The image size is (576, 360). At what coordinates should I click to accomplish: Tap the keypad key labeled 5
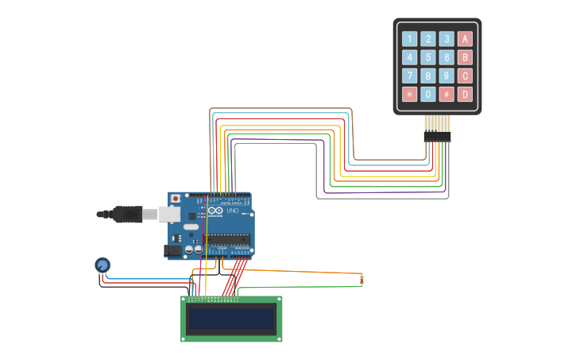pyautogui.click(x=428, y=57)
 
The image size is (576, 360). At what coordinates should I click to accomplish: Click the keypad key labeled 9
pyautogui.click(x=446, y=75)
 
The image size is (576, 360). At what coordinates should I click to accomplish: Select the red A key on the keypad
pyautogui.click(x=465, y=39)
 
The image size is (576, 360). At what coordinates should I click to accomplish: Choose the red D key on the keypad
pyautogui.click(x=465, y=94)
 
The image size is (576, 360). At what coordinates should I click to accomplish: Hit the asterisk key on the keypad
pyautogui.click(x=409, y=94)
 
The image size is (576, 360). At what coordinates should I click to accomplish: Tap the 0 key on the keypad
pyautogui.click(x=428, y=94)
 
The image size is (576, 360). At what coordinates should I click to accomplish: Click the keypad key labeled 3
pyautogui.click(x=446, y=39)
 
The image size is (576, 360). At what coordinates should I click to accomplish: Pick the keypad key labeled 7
pyautogui.click(x=409, y=75)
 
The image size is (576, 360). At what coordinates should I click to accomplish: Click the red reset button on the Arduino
pyautogui.click(x=176, y=198)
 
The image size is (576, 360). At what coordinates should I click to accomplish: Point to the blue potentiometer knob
pyautogui.click(x=102, y=265)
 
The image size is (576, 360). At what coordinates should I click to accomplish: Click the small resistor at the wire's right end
pyautogui.click(x=361, y=279)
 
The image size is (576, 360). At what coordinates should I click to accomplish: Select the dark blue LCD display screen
pyautogui.click(x=230, y=319)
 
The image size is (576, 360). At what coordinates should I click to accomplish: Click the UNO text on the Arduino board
pyautogui.click(x=233, y=211)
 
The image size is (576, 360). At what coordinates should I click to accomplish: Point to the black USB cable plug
pyautogui.click(x=127, y=214)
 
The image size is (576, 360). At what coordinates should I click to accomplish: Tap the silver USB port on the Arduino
pyautogui.click(x=169, y=214)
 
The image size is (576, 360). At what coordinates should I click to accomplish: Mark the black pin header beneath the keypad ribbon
pyautogui.click(x=437, y=137)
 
